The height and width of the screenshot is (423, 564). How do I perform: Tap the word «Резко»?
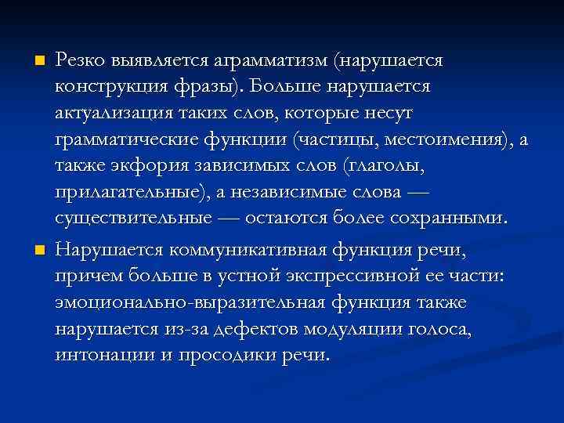81,61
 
